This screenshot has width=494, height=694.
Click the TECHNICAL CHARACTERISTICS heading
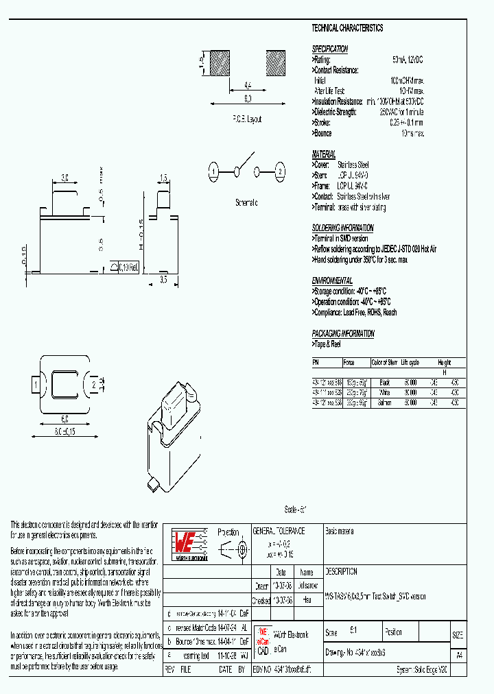[x=347, y=29]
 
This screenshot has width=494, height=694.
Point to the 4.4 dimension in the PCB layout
[x=247, y=86]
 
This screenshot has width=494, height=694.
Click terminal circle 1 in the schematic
[x=214, y=171]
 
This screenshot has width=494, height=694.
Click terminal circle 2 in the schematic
[x=279, y=171]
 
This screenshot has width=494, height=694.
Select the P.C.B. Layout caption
[x=246, y=119]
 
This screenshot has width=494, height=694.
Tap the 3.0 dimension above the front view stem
[x=65, y=178]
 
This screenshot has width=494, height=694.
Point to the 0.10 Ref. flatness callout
[x=128, y=268]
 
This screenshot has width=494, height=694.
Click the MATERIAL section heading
[x=324, y=154]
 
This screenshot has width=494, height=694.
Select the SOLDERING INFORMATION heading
[x=343, y=228]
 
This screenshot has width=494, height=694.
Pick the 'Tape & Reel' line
[x=327, y=344]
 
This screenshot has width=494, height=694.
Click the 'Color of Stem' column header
[x=384, y=363]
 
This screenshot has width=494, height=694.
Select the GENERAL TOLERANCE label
[x=279, y=531]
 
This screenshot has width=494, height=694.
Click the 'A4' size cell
[x=458, y=654]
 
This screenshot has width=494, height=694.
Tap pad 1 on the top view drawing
[x=33, y=385]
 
